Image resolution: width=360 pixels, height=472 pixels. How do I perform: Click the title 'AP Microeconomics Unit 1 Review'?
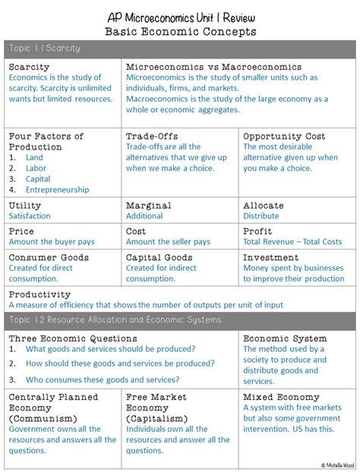(180, 17)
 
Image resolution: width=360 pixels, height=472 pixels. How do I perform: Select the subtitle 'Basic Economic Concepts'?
(180, 32)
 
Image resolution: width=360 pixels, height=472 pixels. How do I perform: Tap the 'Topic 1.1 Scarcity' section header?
(45, 49)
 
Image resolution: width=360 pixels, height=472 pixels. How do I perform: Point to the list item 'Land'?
(34, 158)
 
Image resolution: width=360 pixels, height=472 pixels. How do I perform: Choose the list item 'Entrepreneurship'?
(57, 190)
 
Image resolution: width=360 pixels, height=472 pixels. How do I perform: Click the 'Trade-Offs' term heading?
(152, 137)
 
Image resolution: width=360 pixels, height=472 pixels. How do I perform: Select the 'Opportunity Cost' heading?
(284, 137)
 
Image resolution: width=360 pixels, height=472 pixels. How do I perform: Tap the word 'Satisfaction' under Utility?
(30, 216)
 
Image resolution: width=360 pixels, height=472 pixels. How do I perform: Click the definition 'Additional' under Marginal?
(144, 216)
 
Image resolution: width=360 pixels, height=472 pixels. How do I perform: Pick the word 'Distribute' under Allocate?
(261, 216)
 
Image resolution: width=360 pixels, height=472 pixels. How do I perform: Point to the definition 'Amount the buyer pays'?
(52, 242)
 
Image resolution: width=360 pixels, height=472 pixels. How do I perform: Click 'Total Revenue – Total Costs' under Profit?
(292, 242)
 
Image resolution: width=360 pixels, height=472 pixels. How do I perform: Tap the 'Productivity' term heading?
(39, 294)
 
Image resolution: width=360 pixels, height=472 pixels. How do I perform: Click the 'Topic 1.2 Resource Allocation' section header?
(115, 319)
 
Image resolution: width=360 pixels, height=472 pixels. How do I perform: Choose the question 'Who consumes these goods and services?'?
(103, 379)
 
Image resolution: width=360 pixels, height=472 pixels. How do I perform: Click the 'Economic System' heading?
(285, 338)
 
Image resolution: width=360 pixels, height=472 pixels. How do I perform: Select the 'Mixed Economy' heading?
(281, 397)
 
